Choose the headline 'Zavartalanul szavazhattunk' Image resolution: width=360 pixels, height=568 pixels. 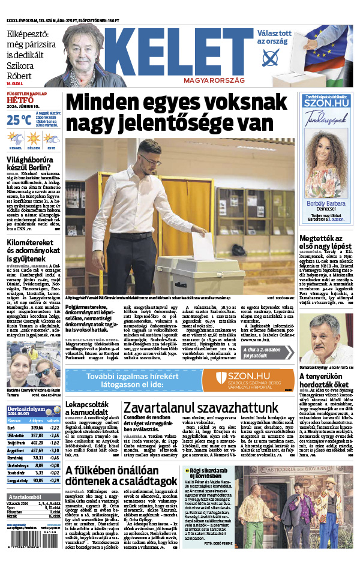point(200,407)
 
